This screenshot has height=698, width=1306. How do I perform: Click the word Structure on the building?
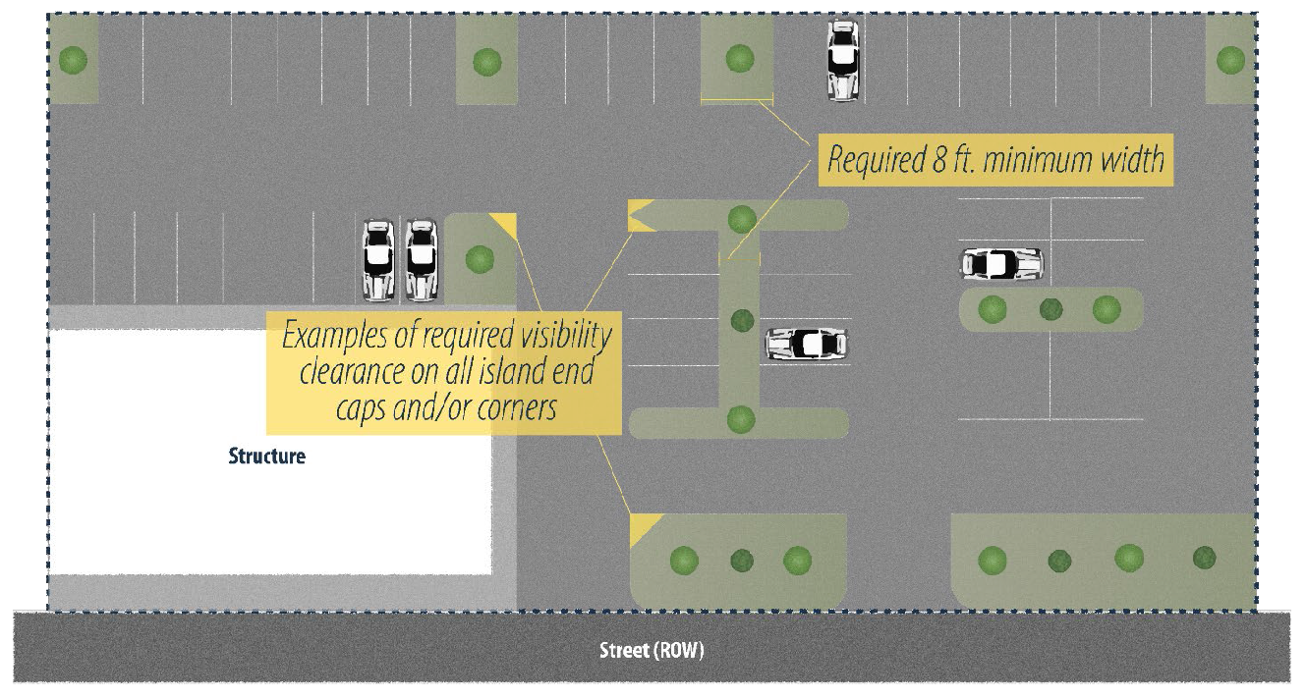tap(266, 456)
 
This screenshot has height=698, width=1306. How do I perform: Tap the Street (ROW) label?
tap(652, 651)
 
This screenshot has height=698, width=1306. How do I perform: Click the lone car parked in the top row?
tap(842, 60)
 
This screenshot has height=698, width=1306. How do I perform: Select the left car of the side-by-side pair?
tap(378, 260)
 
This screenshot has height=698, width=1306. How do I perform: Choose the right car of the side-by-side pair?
tap(421, 260)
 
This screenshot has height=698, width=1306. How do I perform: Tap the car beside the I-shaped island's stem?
tap(807, 344)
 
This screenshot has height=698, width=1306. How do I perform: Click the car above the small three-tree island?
tap(1001, 263)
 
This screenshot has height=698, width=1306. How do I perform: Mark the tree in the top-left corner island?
tap(73, 61)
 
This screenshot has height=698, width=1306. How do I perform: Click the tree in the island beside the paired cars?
tap(480, 259)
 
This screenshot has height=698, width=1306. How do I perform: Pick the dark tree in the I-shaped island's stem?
tap(742, 320)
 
